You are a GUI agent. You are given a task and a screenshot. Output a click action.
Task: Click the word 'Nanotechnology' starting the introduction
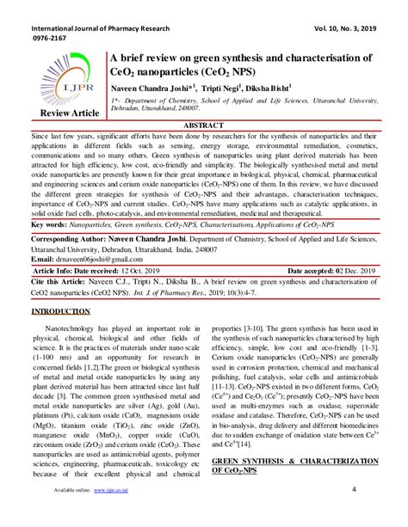[80, 328]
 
